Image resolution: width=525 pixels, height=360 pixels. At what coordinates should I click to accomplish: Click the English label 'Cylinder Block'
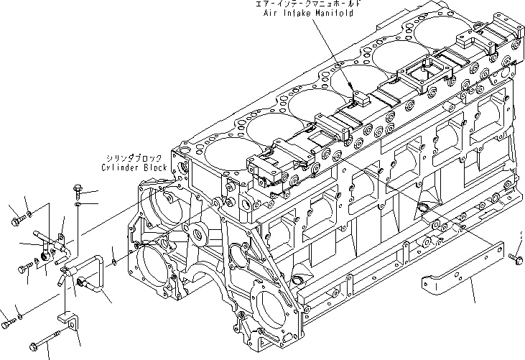134,167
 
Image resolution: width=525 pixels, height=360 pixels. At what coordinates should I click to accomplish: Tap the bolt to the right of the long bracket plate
514,257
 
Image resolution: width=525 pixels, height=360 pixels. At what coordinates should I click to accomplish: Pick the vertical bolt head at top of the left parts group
77,190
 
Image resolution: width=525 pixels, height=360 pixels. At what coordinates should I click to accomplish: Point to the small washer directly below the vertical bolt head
78,205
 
